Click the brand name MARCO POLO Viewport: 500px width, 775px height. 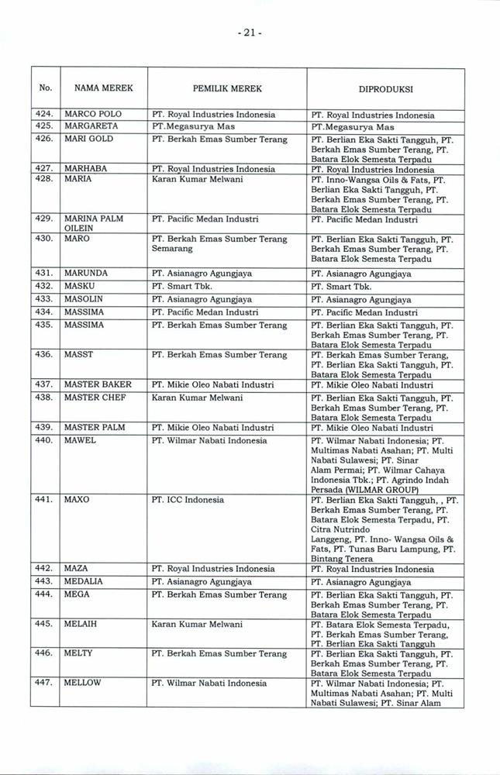pos(91,115)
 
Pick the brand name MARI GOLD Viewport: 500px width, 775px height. pos(88,139)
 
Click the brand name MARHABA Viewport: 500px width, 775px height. pos(85,168)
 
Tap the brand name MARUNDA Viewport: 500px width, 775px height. pos(86,273)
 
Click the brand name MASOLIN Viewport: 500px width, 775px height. pos(84,298)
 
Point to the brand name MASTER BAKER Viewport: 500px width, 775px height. pos(98,384)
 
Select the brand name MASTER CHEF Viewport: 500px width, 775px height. pos(95,398)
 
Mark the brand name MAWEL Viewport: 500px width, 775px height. pos(80,440)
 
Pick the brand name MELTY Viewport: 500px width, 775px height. pos(78,653)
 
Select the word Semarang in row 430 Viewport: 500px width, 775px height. pos(172,250)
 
